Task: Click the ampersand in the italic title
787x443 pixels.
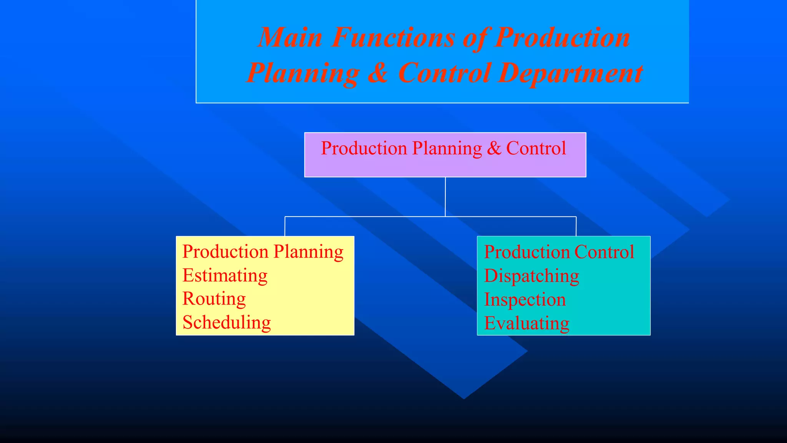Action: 378,73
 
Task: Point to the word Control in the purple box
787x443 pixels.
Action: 536,148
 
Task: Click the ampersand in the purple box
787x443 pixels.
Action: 494,148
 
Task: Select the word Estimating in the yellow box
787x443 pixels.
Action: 225,275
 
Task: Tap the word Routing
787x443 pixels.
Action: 214,299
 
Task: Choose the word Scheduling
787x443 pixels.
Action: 227,323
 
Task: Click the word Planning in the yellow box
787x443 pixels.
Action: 309,252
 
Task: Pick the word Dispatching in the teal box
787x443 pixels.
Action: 531,276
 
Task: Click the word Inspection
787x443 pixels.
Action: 525,300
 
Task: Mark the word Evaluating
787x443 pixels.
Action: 527,323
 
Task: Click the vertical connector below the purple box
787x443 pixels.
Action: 445,197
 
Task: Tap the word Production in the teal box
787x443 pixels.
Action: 527,252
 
